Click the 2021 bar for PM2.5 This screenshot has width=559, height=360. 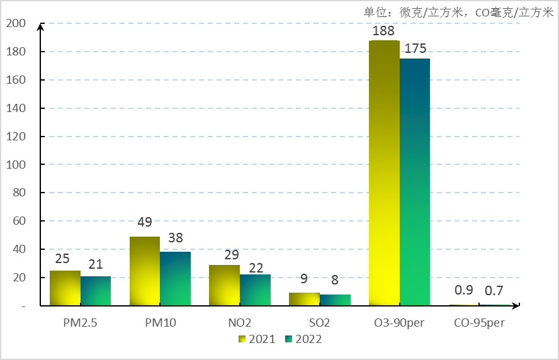(x=65, y=288)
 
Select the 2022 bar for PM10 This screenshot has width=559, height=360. (x=175, y=279)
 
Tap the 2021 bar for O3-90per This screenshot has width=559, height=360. (x=384, y=173)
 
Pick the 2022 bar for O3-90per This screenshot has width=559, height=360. (x=415, y=182)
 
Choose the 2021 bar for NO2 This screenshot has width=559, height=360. (x=224, y=285)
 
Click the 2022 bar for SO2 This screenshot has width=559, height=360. (x=335, y=300)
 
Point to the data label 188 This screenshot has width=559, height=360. (x=384, y=31)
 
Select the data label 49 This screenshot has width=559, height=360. (x=145, y=222)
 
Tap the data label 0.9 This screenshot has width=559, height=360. (x=464, y=290)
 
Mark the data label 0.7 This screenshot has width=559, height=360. (x=494, y=290)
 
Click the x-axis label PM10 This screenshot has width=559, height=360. (x=160, y=323)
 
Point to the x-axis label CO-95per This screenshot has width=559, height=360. (x=479, y=323)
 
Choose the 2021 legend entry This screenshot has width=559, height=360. (x=257, y=339)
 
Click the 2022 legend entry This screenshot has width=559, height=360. (x=303, y=339)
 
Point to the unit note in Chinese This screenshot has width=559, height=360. (x=458, y=12)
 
